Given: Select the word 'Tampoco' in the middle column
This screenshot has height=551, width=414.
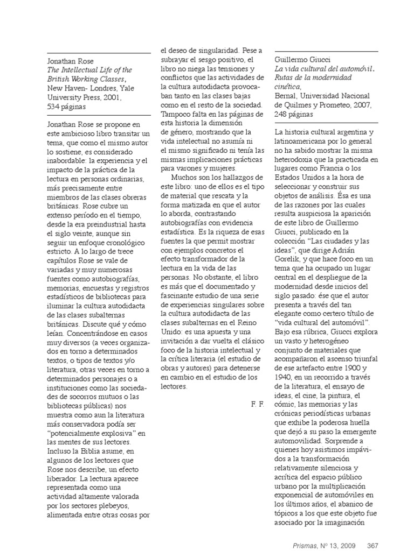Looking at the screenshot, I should [x=176, y=114].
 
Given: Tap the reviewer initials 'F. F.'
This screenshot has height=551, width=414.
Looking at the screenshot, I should [x=258, y=404].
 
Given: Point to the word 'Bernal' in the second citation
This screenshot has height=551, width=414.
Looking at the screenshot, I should [x=287, y=97].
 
